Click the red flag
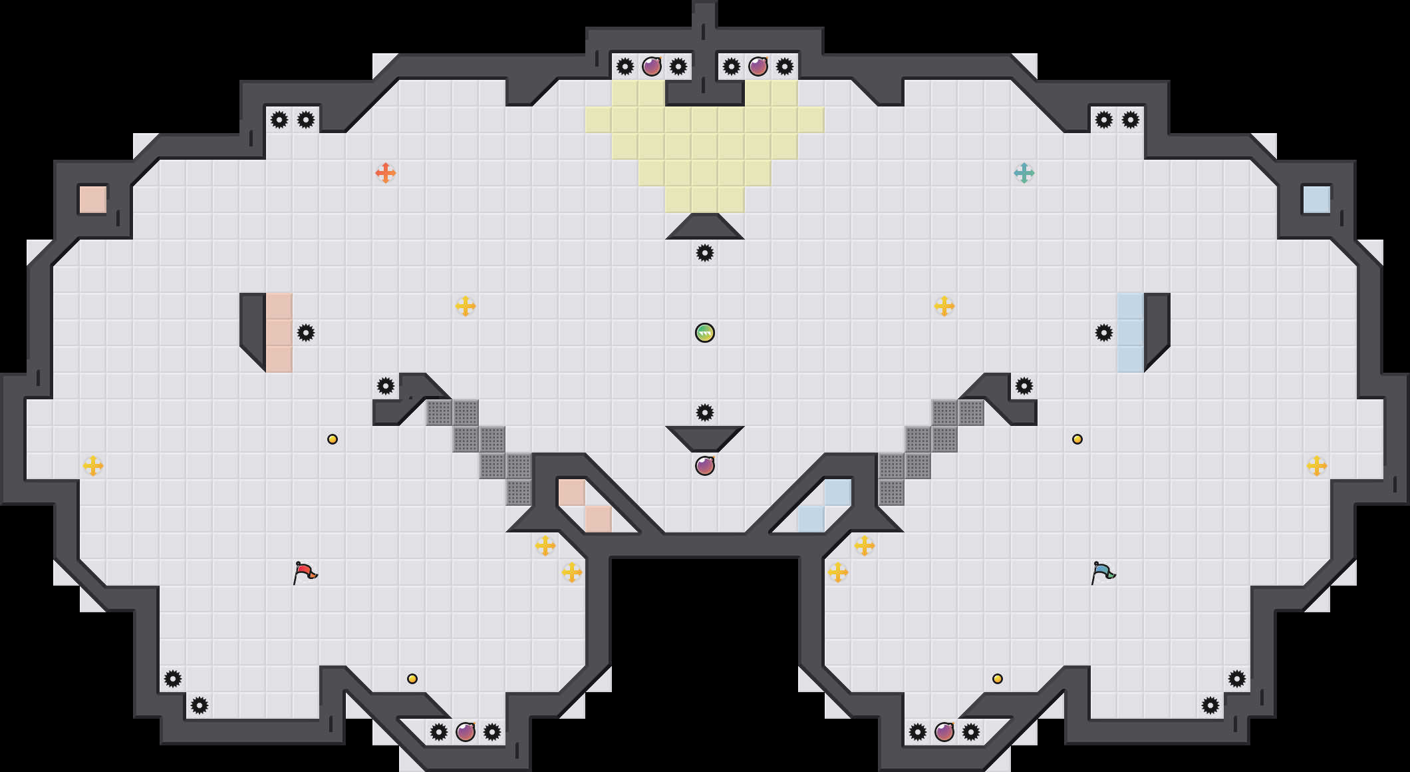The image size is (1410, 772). click(305, 572)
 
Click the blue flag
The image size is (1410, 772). click(1103, 572)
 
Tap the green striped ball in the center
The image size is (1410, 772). click(705, 333)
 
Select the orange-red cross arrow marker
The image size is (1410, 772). click(386, 173)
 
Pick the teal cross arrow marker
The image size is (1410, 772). click(1024, 173)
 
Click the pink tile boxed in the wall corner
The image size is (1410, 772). click(93, 200)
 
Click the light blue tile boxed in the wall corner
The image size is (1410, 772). click(1317, 200)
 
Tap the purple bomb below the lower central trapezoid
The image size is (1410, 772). click(705, 466)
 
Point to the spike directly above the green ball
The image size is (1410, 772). click(705, 253)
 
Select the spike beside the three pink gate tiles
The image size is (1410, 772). click(306, 333)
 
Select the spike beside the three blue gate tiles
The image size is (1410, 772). click(1104, 333)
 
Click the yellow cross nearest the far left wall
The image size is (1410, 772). click(93, 466)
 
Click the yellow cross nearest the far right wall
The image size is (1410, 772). click(1317, 466)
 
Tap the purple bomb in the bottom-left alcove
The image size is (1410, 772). click(466, 732)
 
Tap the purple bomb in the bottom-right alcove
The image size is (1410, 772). click(944, 732)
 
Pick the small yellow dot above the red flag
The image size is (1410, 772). click(333, 439)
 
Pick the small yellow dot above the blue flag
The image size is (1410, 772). click(1077, 439)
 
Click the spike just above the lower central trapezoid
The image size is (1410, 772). click(705, 413)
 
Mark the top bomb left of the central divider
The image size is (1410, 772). click(652, 67)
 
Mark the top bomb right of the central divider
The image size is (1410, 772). click(758, 67)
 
